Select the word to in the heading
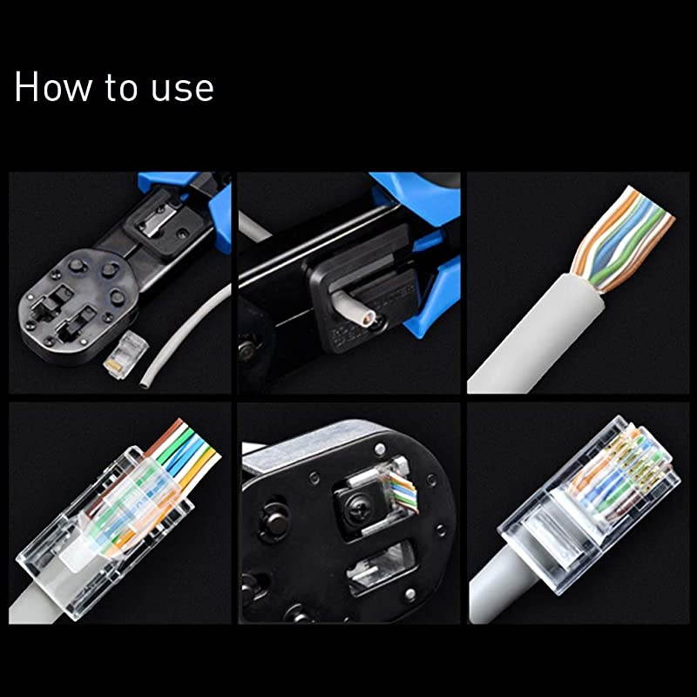(117, 89)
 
